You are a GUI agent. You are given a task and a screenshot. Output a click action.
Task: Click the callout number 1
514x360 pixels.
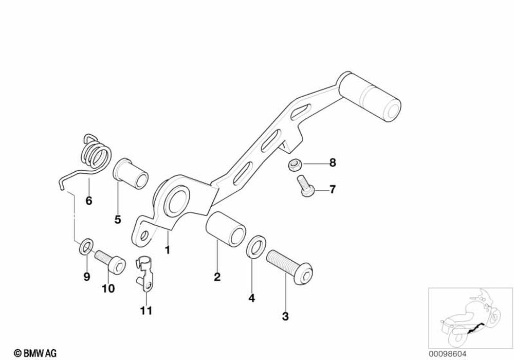(x=167, y=250)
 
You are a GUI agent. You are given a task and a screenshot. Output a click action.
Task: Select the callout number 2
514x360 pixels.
(x=217, y=277)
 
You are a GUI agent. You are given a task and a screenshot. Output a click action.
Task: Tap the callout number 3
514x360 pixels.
(x=285, y=316)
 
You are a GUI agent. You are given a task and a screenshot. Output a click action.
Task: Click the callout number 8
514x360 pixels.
(x=333, y=164)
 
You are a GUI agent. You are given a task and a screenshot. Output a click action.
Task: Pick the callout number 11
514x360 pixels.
(x=146, y=311)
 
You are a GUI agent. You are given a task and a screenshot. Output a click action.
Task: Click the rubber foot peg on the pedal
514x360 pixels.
(x=370, y=97)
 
